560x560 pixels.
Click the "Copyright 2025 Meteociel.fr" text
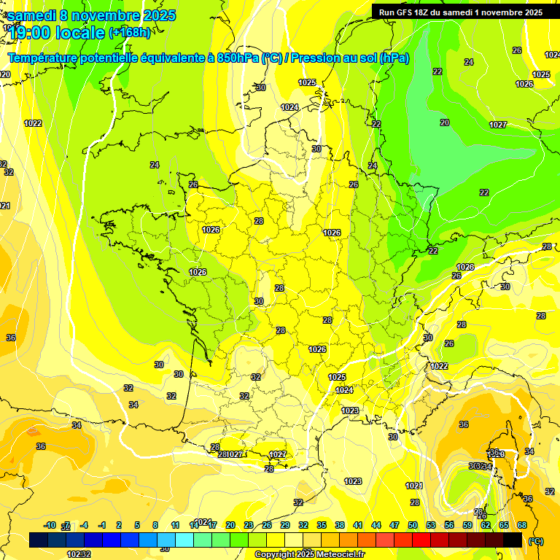click(309, 554)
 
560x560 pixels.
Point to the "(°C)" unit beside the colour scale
click(535, 541)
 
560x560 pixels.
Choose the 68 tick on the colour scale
click(521, 525)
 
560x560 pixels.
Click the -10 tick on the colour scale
click(50, 525)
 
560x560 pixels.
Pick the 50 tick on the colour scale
click(413, 525)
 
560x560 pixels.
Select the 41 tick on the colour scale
click(358, 525)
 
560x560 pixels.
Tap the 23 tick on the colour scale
click(249, 525)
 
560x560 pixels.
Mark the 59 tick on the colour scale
click(467, 525)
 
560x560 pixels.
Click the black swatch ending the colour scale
click(513, 540)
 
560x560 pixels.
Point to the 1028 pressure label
click(465, 267)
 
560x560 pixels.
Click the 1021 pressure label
click(413, 486)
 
